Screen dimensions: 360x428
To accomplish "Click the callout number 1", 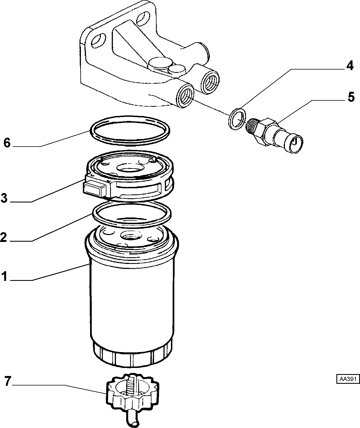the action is (x=4, y=276).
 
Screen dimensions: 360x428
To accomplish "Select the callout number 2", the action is (x=4, y=237).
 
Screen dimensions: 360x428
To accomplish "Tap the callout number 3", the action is (x=4, y=198).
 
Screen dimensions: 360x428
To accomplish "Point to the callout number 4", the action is (x=350, y=66).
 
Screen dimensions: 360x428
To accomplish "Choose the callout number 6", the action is (x=7, y=143).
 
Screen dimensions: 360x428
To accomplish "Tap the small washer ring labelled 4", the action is (x=237, y=119).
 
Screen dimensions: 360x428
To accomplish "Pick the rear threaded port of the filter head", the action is (x=210, y=81).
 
